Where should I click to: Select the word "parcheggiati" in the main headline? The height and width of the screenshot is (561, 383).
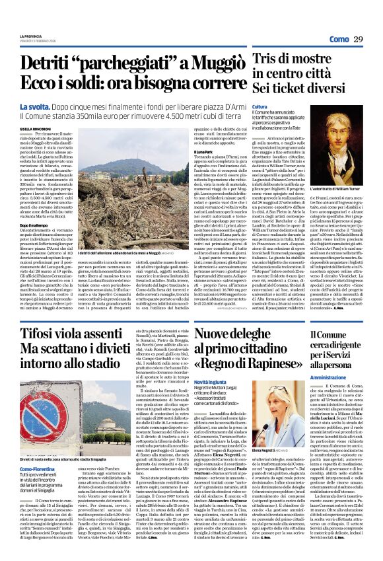(122, 63)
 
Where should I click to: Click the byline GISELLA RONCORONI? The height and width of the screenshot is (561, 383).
(34, 129)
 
